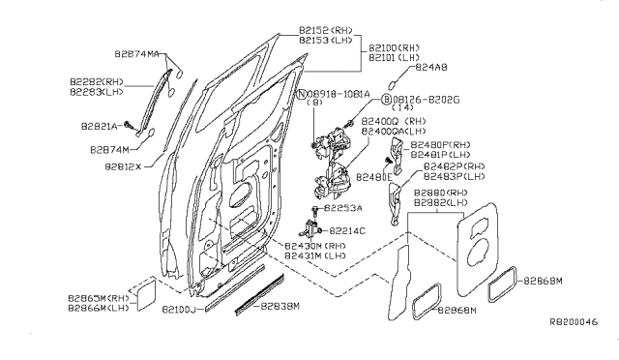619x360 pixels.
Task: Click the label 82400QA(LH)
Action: pos(392,131)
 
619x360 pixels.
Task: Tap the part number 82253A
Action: pos(342,208)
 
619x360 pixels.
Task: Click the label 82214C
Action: pos(347,230)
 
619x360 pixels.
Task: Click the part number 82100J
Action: pos(179,309)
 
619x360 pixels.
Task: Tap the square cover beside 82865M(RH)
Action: pos(141,293)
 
